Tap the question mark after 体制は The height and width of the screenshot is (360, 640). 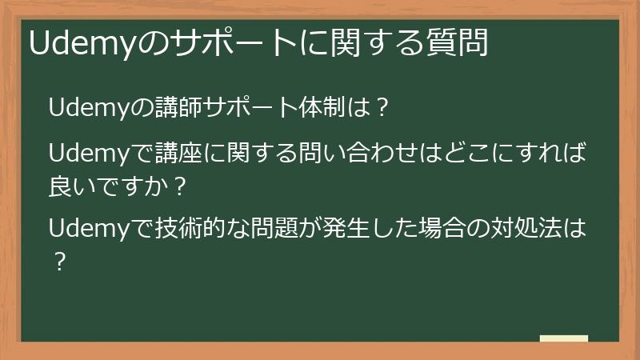pyautogui.click(x=382, y=107)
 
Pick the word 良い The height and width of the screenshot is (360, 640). pyautogui.click(x=71, y=187)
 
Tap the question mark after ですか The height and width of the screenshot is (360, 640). pyautogui.click(x=179, y=187)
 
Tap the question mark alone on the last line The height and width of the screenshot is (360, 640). pyautogui.click(x=58, y=262)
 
